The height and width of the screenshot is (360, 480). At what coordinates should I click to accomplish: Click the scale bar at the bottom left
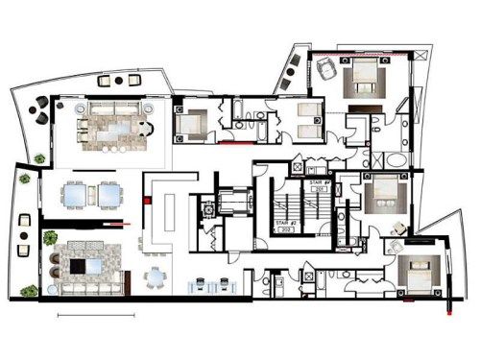[x=96, y=315]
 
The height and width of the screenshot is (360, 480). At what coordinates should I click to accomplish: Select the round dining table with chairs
[x=156, y=279]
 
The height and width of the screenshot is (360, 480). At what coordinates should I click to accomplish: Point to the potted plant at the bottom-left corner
[x=30, y=290]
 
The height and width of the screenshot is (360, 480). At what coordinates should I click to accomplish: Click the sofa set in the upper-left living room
[x=115, y=126]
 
